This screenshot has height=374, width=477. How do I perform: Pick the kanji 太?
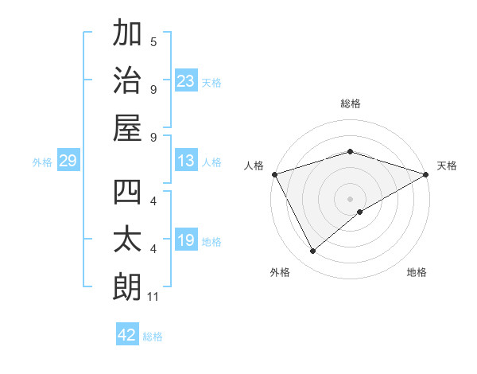[x=128, y=240]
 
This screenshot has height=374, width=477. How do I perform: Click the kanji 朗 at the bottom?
[x=128, y=286]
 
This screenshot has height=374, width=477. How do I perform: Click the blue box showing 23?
[x=186, y=80]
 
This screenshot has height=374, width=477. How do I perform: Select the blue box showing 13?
[x=186, y=161]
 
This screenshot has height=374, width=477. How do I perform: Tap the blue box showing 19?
[x=186, y=240]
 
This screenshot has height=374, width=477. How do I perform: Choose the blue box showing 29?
[x=68, y=161]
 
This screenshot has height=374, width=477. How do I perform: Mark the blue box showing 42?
[x=127, y=335]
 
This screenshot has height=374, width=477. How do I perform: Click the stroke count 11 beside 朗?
[x=153, y=297]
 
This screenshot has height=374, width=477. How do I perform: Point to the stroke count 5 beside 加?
[x=153, y=42]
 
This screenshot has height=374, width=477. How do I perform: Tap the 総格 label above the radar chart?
[x=350, y=103]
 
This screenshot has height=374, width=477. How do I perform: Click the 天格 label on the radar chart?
[x=447, y=166]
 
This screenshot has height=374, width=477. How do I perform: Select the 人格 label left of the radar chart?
[x=254, y=166]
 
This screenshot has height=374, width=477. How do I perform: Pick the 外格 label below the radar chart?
[x=280, y=272]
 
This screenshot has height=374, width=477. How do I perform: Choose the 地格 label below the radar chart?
[x=417, y=272]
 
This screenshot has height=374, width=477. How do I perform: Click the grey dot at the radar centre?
[x=350, y=198]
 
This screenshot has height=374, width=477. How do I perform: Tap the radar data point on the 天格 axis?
[x=426, y=173]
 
